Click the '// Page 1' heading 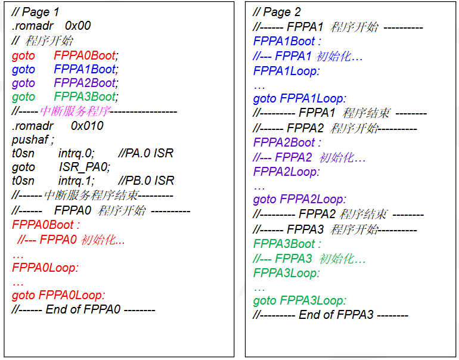click(35, 12)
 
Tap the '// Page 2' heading click(277, 12)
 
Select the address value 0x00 click(77, 26)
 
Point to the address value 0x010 click(87, 126)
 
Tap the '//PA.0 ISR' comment click(146, 153)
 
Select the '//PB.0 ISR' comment click(146, 181)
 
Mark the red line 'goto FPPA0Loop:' click(58, 295)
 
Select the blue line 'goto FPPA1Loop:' click(300, 98)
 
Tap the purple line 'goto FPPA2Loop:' click(300, 199)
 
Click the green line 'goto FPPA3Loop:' click(300, 300)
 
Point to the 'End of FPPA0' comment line click(83, 309)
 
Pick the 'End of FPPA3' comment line click(331, 315)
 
